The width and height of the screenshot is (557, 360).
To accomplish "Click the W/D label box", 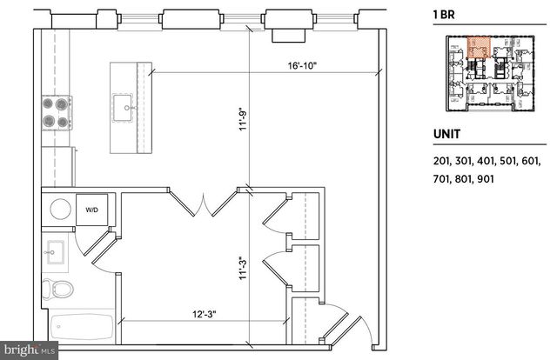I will [91, 210].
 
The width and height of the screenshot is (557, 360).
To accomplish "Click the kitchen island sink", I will [126, 108].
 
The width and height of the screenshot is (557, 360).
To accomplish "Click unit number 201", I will [442, 162].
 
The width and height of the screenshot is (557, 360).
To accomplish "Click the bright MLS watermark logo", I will [30, 350].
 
